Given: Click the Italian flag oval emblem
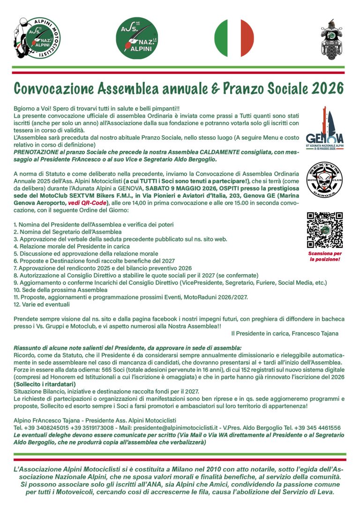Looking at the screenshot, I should [234, 38].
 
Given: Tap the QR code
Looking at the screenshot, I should [324, 230].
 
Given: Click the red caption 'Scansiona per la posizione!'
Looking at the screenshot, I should [324, 256].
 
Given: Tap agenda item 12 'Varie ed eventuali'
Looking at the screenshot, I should [42, 304].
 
